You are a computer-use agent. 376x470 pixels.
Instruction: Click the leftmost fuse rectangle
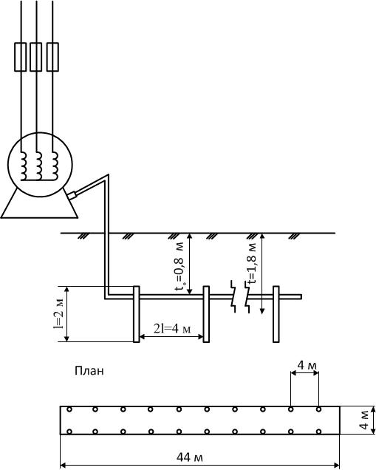pyautogui.click(x=21, y=57)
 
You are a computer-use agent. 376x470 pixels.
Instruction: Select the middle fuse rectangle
pyautogui.click(x=35, y=57)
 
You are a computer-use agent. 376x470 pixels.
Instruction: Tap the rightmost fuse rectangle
pyautogui.click(x=52, y=57)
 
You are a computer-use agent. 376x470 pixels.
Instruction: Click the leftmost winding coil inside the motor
pyautogui.click(x=24, y=166)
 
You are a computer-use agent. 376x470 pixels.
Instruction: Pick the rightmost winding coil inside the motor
pyautogui.click(x=55, y=166)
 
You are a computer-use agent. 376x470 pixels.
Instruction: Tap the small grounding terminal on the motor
pyautogui.click(x=72, y=195)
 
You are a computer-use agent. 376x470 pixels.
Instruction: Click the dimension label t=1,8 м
pyautogui.click(x=253, y=263)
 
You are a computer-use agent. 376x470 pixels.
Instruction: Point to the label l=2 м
pyautogui.click(x=58, y=313)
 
